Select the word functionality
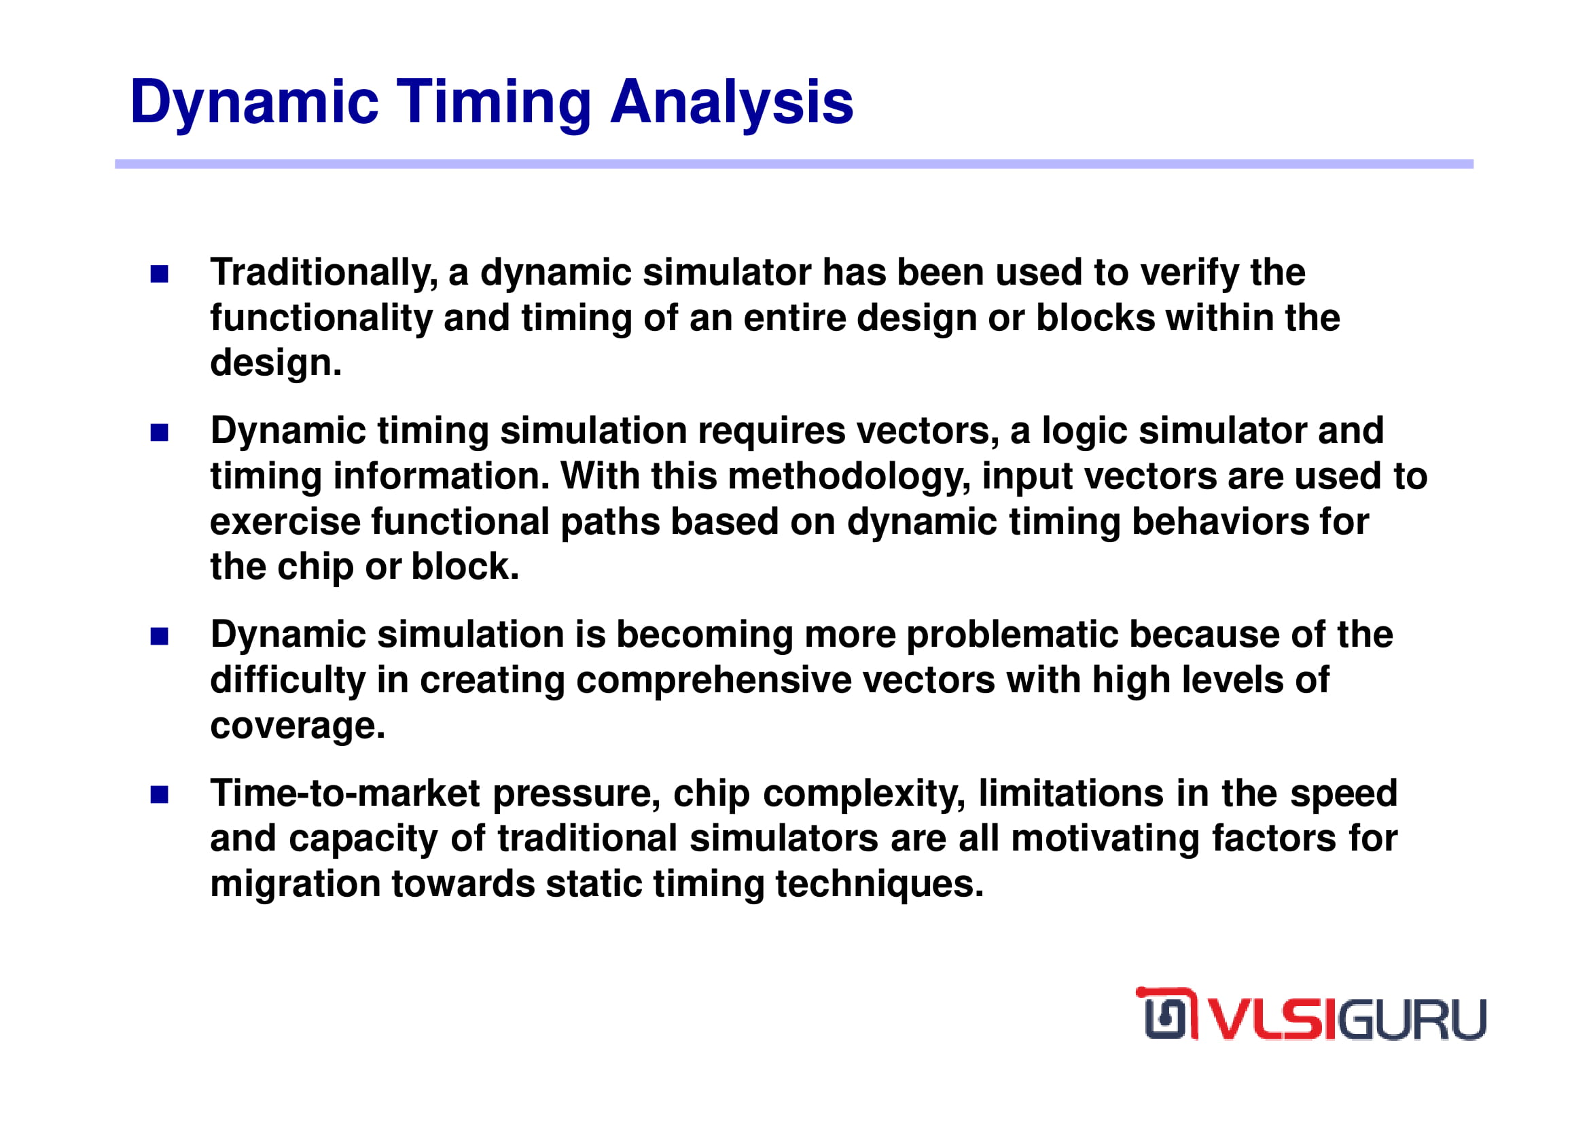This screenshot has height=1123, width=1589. tap(321, 319)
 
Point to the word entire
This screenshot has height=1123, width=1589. tap(796, 319)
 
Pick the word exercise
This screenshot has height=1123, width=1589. tap(285, 522)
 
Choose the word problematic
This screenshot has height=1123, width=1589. tap(1012, 635)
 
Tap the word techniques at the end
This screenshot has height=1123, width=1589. tap(879, 885)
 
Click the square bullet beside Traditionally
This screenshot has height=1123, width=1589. tap(159, 274)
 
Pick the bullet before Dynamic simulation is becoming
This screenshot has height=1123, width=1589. tap(159, 636)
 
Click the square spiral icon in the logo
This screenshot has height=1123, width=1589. tap(1168, 1014)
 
